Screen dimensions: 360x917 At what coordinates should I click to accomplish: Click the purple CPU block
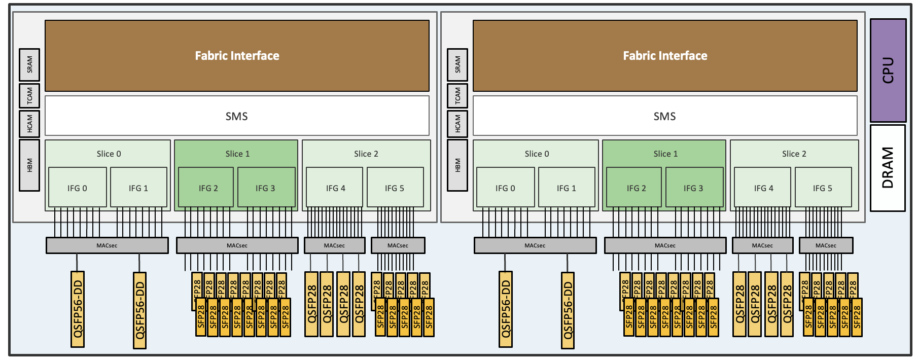(x=888, y=70)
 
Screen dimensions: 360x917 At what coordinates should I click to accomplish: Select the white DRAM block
(x=888, y=168)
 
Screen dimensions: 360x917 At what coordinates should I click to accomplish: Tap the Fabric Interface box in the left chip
(x=237, y=56)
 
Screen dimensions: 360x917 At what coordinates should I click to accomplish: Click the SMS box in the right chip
(x=664, y=116)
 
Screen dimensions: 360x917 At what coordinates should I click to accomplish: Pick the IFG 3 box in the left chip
(x=266, y=188)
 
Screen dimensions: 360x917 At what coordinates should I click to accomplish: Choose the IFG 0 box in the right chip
(x=505, y=188)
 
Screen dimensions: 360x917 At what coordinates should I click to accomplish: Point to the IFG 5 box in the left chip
(x=395, y=188)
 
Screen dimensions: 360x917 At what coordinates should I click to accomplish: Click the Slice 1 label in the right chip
(x=665, y=154)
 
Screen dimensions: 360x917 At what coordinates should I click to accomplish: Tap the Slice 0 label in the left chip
(x=109, y=154)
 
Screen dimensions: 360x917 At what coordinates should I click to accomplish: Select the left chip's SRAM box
(x=29, y=64)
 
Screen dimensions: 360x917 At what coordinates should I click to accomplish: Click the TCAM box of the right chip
(x=457, y=95)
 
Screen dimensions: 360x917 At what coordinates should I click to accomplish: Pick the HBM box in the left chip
(x=29, y=165)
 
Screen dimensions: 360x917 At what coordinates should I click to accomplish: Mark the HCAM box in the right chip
(x=457, y=123)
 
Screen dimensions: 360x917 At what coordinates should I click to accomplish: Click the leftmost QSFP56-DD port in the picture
(x=78, y=309)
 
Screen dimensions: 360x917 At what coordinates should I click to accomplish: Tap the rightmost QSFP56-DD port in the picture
(x=568, y=310)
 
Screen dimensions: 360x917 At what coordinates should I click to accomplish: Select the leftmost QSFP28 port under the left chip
(x=311, y=304)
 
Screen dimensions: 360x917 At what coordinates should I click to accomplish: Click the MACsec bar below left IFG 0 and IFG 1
(x=107, y=245)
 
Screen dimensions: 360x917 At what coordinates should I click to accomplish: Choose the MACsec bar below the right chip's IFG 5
(x=826, y=245)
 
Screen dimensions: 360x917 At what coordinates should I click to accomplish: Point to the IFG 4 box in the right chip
(x=763, y=188)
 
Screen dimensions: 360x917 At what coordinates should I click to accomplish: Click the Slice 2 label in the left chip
(x=366, y=154)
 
